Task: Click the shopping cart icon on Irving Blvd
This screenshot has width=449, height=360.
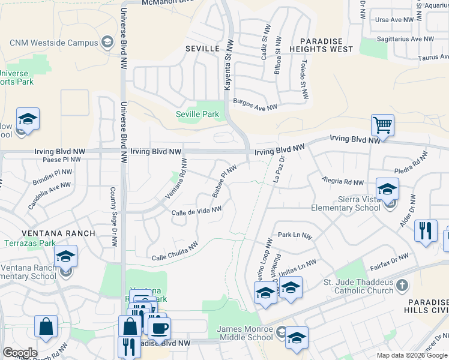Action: [382, 125]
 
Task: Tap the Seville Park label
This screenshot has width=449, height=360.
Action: [197, 114]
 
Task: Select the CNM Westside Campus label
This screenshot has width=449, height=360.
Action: [53, 43]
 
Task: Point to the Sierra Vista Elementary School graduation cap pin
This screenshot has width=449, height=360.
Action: [387, 189]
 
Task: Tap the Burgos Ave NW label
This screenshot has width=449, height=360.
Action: [255, 104]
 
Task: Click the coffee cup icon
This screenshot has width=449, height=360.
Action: [159, 328]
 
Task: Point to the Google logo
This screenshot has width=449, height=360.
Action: [20, 353]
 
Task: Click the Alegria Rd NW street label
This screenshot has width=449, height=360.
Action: [343, 181]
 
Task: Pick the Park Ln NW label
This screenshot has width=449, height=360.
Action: [295, 236]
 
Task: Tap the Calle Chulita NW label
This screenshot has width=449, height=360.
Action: [175, 251]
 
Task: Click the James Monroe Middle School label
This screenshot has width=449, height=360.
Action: [244, 333]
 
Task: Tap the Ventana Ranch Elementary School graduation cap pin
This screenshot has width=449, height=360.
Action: [65, 257]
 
